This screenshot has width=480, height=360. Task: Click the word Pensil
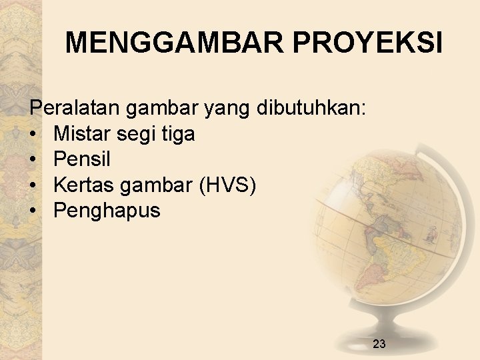82,159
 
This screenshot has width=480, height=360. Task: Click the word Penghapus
107,211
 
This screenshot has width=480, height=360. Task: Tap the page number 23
379,344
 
